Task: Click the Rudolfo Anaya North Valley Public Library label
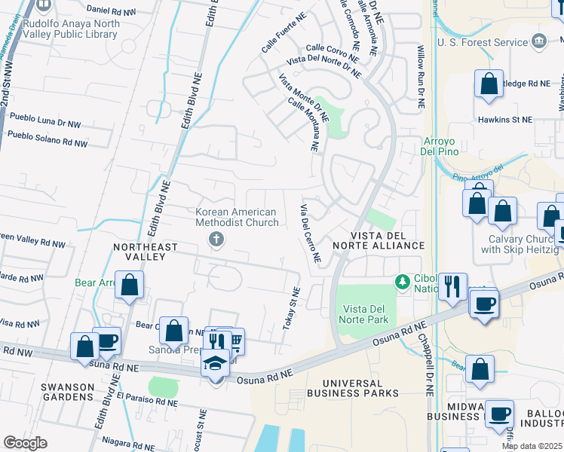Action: click(70, 29)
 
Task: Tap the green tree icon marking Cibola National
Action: click(403, 282)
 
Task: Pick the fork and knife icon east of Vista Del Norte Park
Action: click(452, 286)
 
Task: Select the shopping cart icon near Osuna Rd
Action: click(235, 341)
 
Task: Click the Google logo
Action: click(25, 443)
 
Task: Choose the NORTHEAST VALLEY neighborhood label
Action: click(146, 252)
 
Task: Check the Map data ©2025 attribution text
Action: click(532, 446)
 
